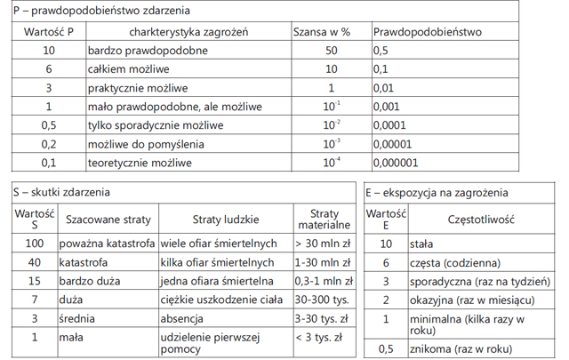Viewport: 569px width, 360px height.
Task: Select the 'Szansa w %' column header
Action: (x=321, y=31)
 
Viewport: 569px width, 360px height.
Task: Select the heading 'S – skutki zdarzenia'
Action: (x=68, y=191)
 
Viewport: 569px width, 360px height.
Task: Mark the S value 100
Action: (x=35, y=244)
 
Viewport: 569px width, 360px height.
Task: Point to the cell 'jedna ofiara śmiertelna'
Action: (x=220, y=281)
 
